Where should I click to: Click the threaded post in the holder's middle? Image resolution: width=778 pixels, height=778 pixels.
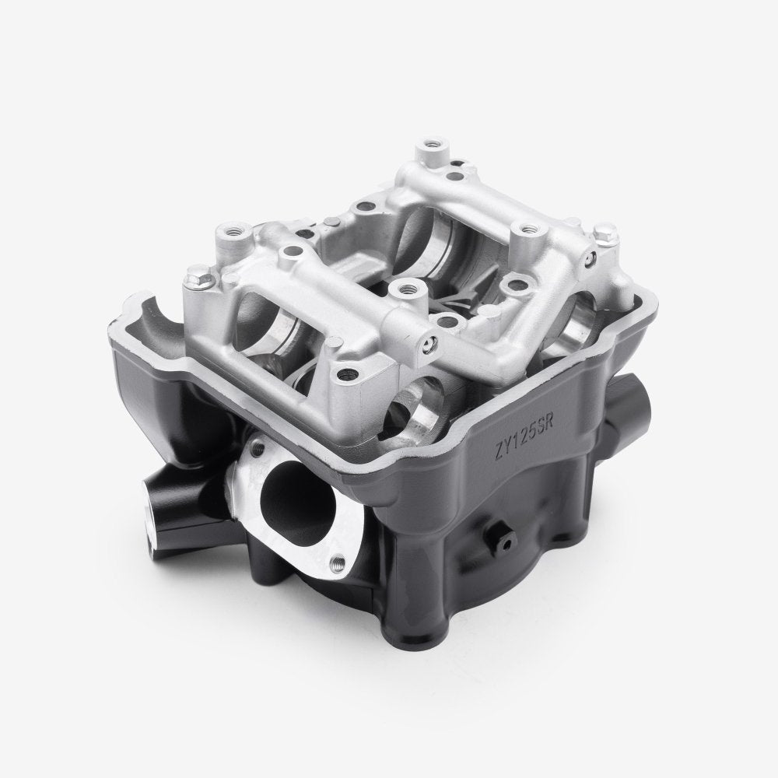pos(401,289)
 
